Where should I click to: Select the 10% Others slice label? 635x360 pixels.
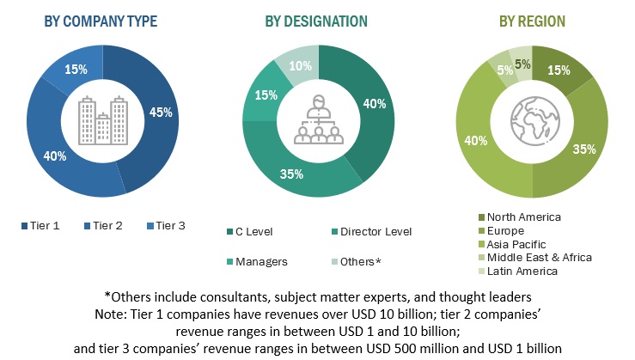coord(295,66)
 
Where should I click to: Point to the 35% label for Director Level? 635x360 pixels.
coord(291,174)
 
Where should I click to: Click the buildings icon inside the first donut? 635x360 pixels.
coord(102,120)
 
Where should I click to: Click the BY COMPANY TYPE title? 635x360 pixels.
coord(101,21)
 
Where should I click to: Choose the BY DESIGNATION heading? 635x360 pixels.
coord(318,21)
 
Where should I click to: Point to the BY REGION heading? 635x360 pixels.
coord(533,21)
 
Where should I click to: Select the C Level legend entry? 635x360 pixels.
coord(260,231)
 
